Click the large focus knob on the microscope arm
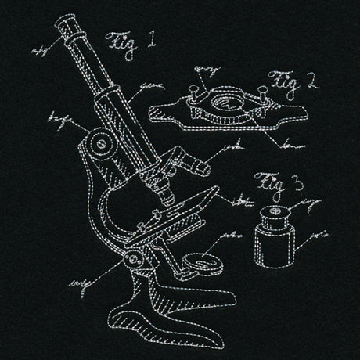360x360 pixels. (x=98, y=145)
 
